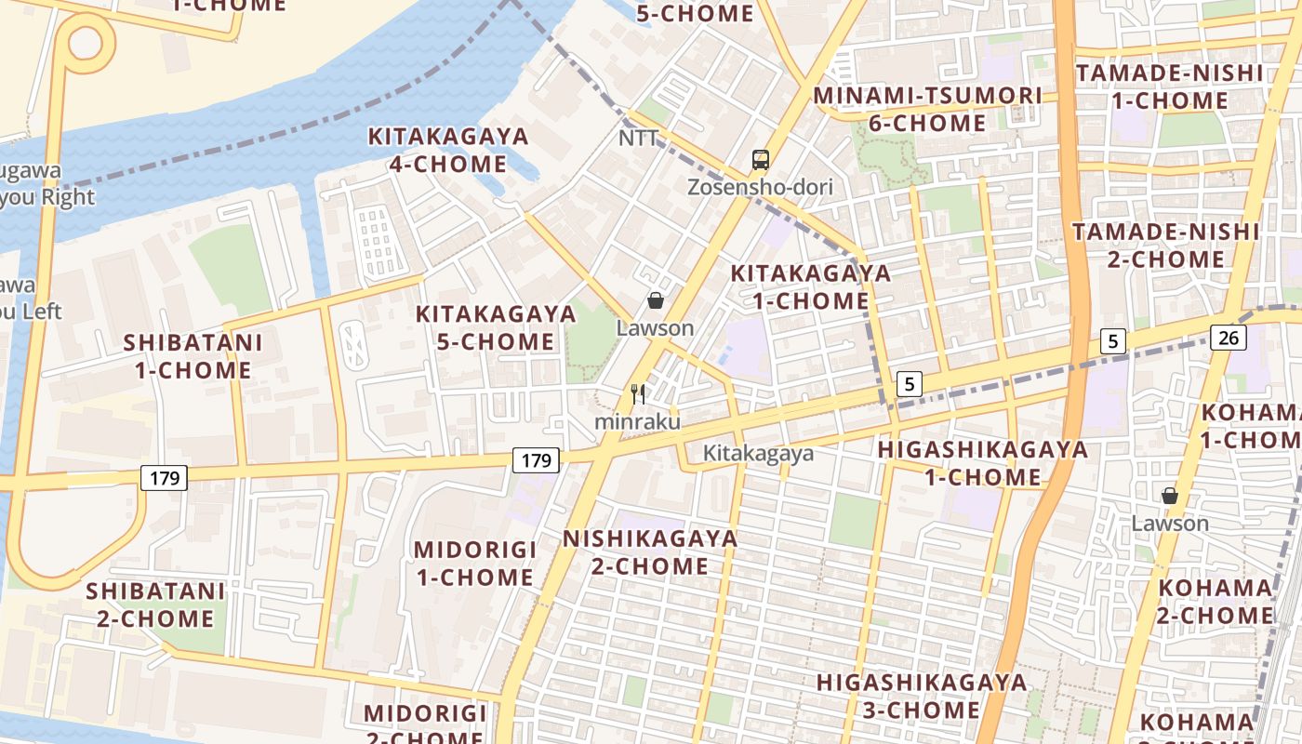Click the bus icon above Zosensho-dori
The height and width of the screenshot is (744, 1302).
(761, 160)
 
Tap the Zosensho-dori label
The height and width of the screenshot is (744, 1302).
(760, 187)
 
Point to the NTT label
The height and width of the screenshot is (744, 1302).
(639, 139)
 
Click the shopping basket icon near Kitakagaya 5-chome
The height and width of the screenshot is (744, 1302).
(656, 300)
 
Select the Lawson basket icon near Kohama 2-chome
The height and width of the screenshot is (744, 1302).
(1170, 497)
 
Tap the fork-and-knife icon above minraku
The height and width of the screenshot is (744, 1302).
(638, 394)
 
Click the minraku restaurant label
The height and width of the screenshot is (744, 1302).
(638, 422)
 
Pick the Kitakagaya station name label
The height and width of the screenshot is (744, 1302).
(758, 454)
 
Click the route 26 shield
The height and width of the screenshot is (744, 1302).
(1229, 338)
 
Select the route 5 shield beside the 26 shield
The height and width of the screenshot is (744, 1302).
(1113, 341)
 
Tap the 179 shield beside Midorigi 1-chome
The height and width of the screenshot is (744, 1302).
(536, 459)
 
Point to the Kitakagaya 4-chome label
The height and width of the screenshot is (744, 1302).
(448, 151)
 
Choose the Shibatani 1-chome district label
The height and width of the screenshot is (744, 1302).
(193, 356)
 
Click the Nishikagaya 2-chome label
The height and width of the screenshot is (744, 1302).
(649, 552)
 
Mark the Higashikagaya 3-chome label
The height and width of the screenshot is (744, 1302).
(922, 696)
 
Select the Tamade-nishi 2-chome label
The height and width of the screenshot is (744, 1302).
(1166, 246)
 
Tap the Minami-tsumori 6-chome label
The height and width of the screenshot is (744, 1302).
(927, 109)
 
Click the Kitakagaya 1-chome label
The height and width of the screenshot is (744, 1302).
(810, 287)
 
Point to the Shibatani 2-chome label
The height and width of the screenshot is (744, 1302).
(155, 604)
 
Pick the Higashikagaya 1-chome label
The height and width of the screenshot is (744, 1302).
(982, 463)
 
